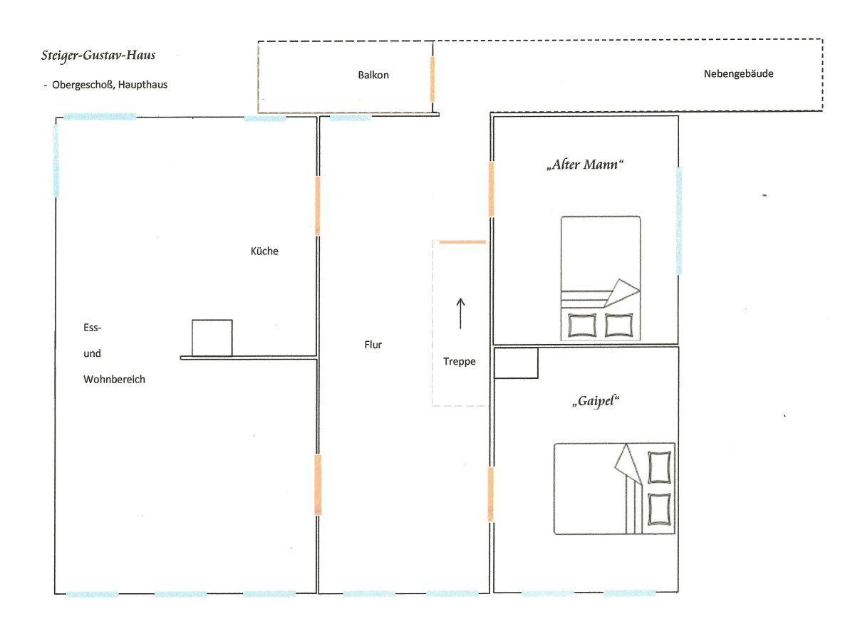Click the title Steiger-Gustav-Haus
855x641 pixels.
pos(98,56)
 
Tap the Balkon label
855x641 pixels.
pos(373,75)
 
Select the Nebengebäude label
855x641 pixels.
pos(738,73)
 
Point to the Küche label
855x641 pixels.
pos(264,251)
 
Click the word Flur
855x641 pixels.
pos(373,345)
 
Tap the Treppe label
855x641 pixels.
pos(460,362)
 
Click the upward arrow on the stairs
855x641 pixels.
pos(460,313)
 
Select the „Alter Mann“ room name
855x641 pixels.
pos(584,165)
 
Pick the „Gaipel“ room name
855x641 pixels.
pos(595,401)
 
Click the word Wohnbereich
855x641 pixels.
pos(114,380)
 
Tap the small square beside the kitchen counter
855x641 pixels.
pos(212,338)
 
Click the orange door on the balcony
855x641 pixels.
pos(432,79)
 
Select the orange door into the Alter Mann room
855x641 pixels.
pos(491,189)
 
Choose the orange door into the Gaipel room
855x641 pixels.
pos(490,494)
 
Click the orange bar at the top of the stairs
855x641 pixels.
pos(462,242)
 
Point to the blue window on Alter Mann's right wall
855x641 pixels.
pos(679,221)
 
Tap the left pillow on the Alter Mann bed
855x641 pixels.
pos(582,325)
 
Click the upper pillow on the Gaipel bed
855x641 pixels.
pos(659,467)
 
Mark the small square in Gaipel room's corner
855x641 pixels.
pos(516,363)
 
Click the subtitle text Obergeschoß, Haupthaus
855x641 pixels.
pos(110,85)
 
